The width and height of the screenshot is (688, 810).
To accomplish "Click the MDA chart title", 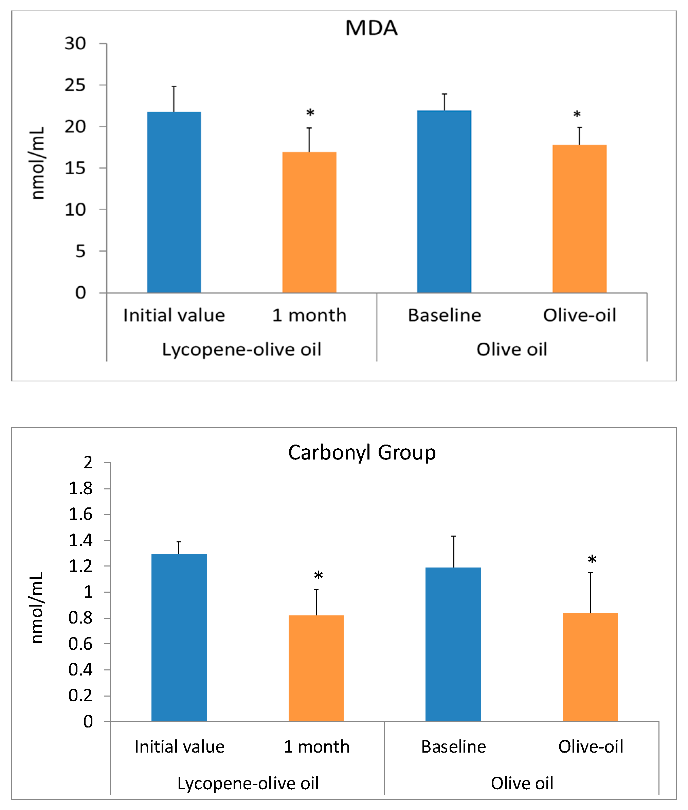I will (371, 28).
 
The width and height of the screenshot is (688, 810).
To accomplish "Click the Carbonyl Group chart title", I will (362, 453).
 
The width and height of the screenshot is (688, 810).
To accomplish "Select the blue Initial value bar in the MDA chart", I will (174, 202).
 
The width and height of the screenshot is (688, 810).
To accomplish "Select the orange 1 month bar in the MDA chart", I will (309, 222).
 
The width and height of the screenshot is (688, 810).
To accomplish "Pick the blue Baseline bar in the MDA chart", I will (444, 202).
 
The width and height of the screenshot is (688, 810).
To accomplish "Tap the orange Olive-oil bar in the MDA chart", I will (579, 219).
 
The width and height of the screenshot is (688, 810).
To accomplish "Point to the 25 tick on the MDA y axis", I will (75, 85).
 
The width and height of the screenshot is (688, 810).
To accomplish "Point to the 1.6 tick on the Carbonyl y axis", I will (80, 515).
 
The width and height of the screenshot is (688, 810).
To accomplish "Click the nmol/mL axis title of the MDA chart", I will (37, 163).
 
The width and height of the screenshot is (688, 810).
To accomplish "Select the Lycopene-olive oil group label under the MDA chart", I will (241, 349).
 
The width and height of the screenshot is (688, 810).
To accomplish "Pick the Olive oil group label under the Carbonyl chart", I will (522, 783).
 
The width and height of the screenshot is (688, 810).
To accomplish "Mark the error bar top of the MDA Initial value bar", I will (174, 87).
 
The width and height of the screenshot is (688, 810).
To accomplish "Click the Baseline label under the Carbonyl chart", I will (453, 746).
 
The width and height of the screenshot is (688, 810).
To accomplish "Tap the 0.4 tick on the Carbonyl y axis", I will (80, 670).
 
